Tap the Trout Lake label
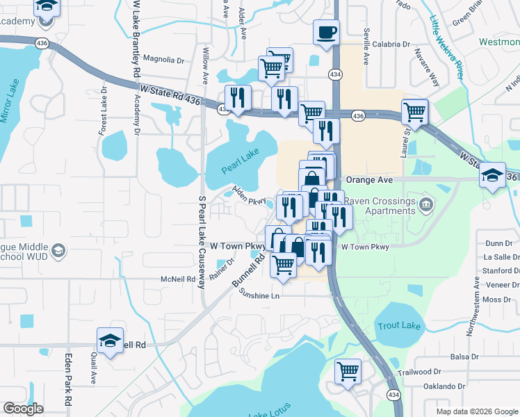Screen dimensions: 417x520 click(x=394, y=325)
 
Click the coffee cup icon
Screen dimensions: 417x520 click(x=326, y=31)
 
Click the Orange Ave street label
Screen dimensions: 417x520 click(x=370, y=179)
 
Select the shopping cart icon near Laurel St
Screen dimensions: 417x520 click(x=415, y=111)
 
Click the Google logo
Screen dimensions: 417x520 click(x=23, y=409)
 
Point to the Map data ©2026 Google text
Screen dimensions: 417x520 click(x=476, y=411)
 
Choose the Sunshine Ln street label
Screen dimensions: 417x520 click(x=259, y=295)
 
